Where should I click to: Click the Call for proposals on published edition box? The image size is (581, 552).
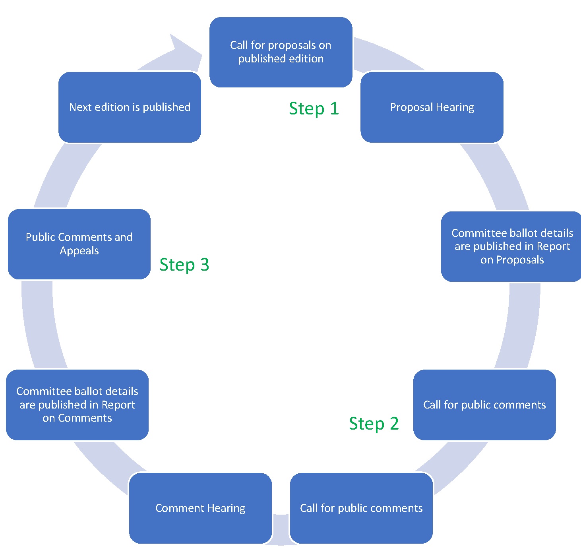pos(281,52)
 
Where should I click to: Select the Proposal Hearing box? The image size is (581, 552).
pos(432,107)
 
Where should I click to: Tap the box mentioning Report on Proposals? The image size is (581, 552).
pos(512,246)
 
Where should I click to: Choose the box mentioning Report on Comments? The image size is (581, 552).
pos(77,405)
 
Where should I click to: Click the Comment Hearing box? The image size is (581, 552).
pos(200,508)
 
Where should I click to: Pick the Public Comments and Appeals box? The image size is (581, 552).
pos(79,244)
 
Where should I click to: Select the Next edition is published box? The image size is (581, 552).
pos(130,107)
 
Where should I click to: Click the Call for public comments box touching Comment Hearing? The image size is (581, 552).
pos(361,508)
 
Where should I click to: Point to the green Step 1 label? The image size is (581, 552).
pos(314,108)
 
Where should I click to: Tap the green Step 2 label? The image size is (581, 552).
pos(374,424)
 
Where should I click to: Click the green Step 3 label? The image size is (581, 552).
pos(184,265)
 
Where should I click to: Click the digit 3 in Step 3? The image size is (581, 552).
pos(205,265)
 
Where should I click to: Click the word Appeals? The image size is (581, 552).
pos(79,251)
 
